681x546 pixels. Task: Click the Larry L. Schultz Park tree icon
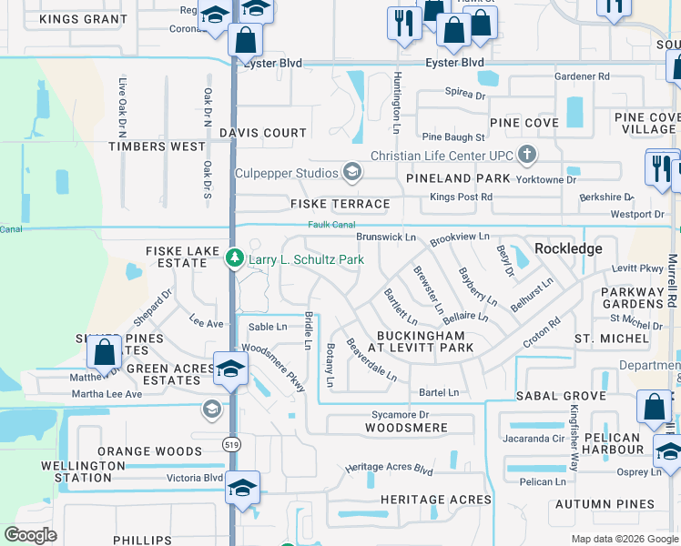point(234,259)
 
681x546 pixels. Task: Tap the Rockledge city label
point(568,248)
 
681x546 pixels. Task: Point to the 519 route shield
point(231,441)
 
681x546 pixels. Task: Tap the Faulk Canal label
point(329,226)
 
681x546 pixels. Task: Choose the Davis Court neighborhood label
point(262,133)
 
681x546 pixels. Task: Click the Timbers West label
point(157,147)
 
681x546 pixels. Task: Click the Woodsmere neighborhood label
point(406,428)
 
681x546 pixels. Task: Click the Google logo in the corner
point(30,535)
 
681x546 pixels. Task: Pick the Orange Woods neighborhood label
point(149,451)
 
